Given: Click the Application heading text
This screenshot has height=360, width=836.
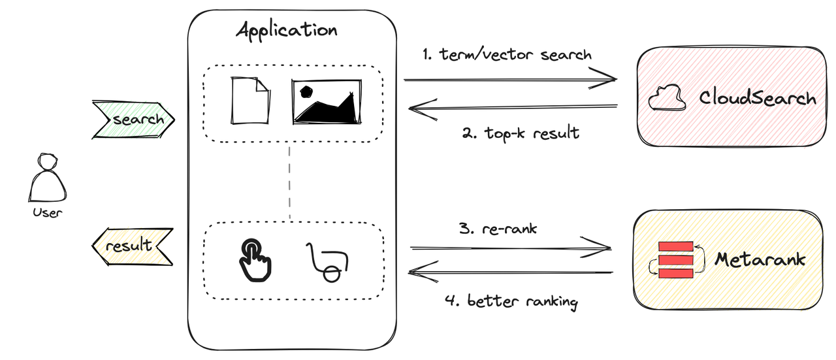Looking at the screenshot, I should (287, 31).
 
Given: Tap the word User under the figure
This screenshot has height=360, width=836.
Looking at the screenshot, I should (47, 212).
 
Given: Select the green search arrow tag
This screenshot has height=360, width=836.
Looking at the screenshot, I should (134, 120).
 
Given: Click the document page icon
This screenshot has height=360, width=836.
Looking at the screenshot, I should (250, 101).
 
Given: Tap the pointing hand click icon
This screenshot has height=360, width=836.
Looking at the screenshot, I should (254, 259).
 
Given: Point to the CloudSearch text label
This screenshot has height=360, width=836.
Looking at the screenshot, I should (758, 99).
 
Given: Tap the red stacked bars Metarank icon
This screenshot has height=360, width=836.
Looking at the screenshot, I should (675, 260).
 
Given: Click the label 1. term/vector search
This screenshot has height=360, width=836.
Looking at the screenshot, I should (507, 55).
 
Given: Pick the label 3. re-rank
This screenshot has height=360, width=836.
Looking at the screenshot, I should (498, 229).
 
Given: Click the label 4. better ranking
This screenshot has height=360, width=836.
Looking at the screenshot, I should (511, 302).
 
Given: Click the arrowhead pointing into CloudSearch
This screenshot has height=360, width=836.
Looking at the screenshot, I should (607, 80).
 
